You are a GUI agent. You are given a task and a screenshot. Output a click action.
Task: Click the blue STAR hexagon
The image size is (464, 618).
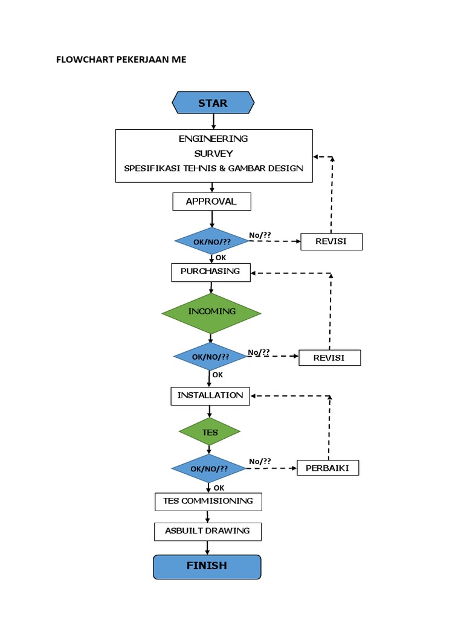coord(213,103)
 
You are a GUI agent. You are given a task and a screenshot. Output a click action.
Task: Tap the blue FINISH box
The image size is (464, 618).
coord(207,566)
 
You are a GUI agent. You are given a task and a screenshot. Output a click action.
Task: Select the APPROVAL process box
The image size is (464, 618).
coord(211,202)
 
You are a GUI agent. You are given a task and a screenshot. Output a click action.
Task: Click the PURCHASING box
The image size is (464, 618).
coord(210,272)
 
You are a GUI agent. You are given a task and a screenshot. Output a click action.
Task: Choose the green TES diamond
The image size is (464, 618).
coord(210,432)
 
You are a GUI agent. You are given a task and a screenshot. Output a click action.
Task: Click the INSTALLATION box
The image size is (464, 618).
coord(210,396)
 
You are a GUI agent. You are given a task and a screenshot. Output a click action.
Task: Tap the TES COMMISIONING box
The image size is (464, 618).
coord(208,502)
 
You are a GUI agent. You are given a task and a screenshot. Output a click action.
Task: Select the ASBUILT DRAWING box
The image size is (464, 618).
coord(207,531)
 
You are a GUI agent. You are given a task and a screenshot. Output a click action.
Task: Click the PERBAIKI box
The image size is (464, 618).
coord(327,468)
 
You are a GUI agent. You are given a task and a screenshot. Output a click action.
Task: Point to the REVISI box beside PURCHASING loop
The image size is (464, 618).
coord(329,358)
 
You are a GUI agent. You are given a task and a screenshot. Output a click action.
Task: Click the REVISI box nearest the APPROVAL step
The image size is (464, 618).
coord(331,242)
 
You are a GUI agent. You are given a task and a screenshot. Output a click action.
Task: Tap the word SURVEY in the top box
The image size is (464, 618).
coord(213,153)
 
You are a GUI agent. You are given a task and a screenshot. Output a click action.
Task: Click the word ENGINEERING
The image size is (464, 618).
coord(213,139)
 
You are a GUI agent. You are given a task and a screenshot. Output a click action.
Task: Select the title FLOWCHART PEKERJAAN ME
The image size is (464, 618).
coord(121,59)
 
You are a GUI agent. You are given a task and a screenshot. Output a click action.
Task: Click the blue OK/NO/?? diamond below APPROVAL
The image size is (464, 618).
coord(211,241)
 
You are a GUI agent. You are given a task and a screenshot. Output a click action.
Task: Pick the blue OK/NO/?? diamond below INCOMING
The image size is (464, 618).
coord(210,357)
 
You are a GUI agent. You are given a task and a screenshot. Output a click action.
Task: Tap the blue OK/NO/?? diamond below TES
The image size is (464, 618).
coord(209,468)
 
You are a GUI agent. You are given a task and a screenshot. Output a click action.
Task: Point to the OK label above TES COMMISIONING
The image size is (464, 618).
coord(219,488)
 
